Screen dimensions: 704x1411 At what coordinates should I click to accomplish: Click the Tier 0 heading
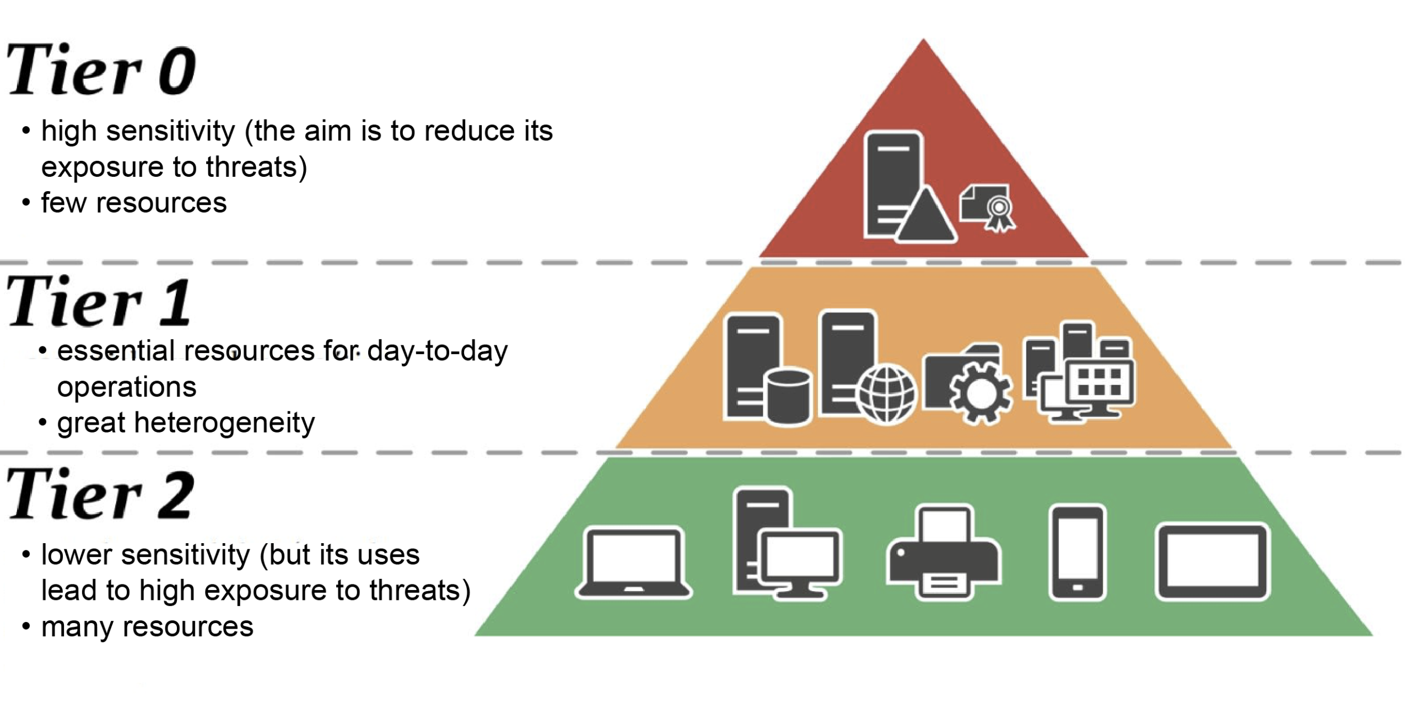point(101,71)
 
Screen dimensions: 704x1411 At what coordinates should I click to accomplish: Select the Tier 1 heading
point(99,302)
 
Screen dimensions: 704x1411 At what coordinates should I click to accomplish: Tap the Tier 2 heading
point(101,494)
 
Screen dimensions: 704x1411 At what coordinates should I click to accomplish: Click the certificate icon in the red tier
point(988,208)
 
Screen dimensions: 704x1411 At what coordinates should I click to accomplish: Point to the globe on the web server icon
point(887,394)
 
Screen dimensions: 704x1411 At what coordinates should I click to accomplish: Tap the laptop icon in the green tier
point(634,563)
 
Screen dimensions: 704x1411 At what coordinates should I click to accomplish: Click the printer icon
point(944,553)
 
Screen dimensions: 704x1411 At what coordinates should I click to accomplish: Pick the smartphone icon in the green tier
point(1078,553)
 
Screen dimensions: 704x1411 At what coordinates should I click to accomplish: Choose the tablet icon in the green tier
point(1212,562)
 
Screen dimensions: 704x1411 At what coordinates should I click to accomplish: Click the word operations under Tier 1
point(127,387)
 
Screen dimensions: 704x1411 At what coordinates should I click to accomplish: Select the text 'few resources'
point(133,203)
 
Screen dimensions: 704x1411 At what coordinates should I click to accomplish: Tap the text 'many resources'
point(147,627)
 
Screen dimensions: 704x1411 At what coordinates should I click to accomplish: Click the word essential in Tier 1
point(116,351)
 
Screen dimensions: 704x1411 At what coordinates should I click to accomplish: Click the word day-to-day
point(437,351)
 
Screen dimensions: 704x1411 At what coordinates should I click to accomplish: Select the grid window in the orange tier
point(1099,381)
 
